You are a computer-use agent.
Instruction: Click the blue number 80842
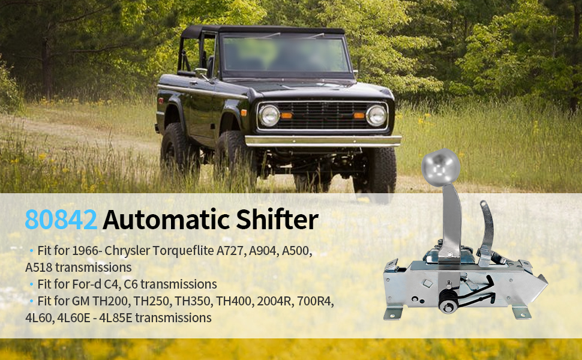61,220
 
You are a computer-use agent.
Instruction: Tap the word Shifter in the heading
280,220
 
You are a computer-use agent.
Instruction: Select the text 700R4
316,301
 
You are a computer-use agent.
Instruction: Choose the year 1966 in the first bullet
94,251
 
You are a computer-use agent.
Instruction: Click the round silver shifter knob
440,164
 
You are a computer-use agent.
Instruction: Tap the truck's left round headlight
269,115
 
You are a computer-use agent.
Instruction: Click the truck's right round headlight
376,115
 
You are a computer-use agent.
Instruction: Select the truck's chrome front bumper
323,141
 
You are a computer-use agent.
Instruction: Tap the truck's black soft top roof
264,30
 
